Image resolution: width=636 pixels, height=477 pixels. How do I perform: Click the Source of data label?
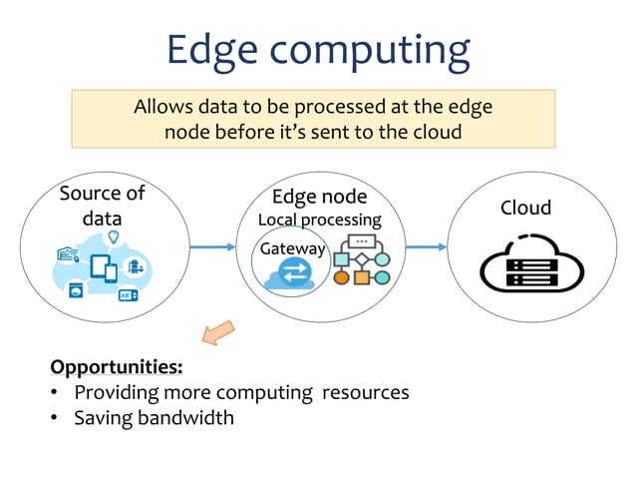click(102, 205)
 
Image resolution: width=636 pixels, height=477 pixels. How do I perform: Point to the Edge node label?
click(319, 197)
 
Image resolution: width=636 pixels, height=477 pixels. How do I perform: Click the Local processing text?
click(319, 219)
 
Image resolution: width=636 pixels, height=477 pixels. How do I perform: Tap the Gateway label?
click(292, 248)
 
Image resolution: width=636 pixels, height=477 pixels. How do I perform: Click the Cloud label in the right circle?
click(525, 208)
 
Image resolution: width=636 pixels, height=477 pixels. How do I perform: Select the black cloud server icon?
click(525, 265)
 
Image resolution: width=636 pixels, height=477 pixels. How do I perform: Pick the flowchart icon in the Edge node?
click(361, 261)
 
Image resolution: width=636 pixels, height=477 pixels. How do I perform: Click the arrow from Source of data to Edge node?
click(212, 246)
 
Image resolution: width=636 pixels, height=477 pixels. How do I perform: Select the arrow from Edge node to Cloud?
click(426, 246)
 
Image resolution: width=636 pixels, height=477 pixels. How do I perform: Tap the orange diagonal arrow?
click(217, 332)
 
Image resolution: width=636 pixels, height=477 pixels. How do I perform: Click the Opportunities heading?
click(116, 366)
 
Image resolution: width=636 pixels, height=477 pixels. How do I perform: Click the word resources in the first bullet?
click(365, 392)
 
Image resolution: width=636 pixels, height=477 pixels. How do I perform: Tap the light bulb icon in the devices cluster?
click(114, 237)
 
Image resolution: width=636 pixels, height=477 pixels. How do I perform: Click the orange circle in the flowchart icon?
click(342, 277)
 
